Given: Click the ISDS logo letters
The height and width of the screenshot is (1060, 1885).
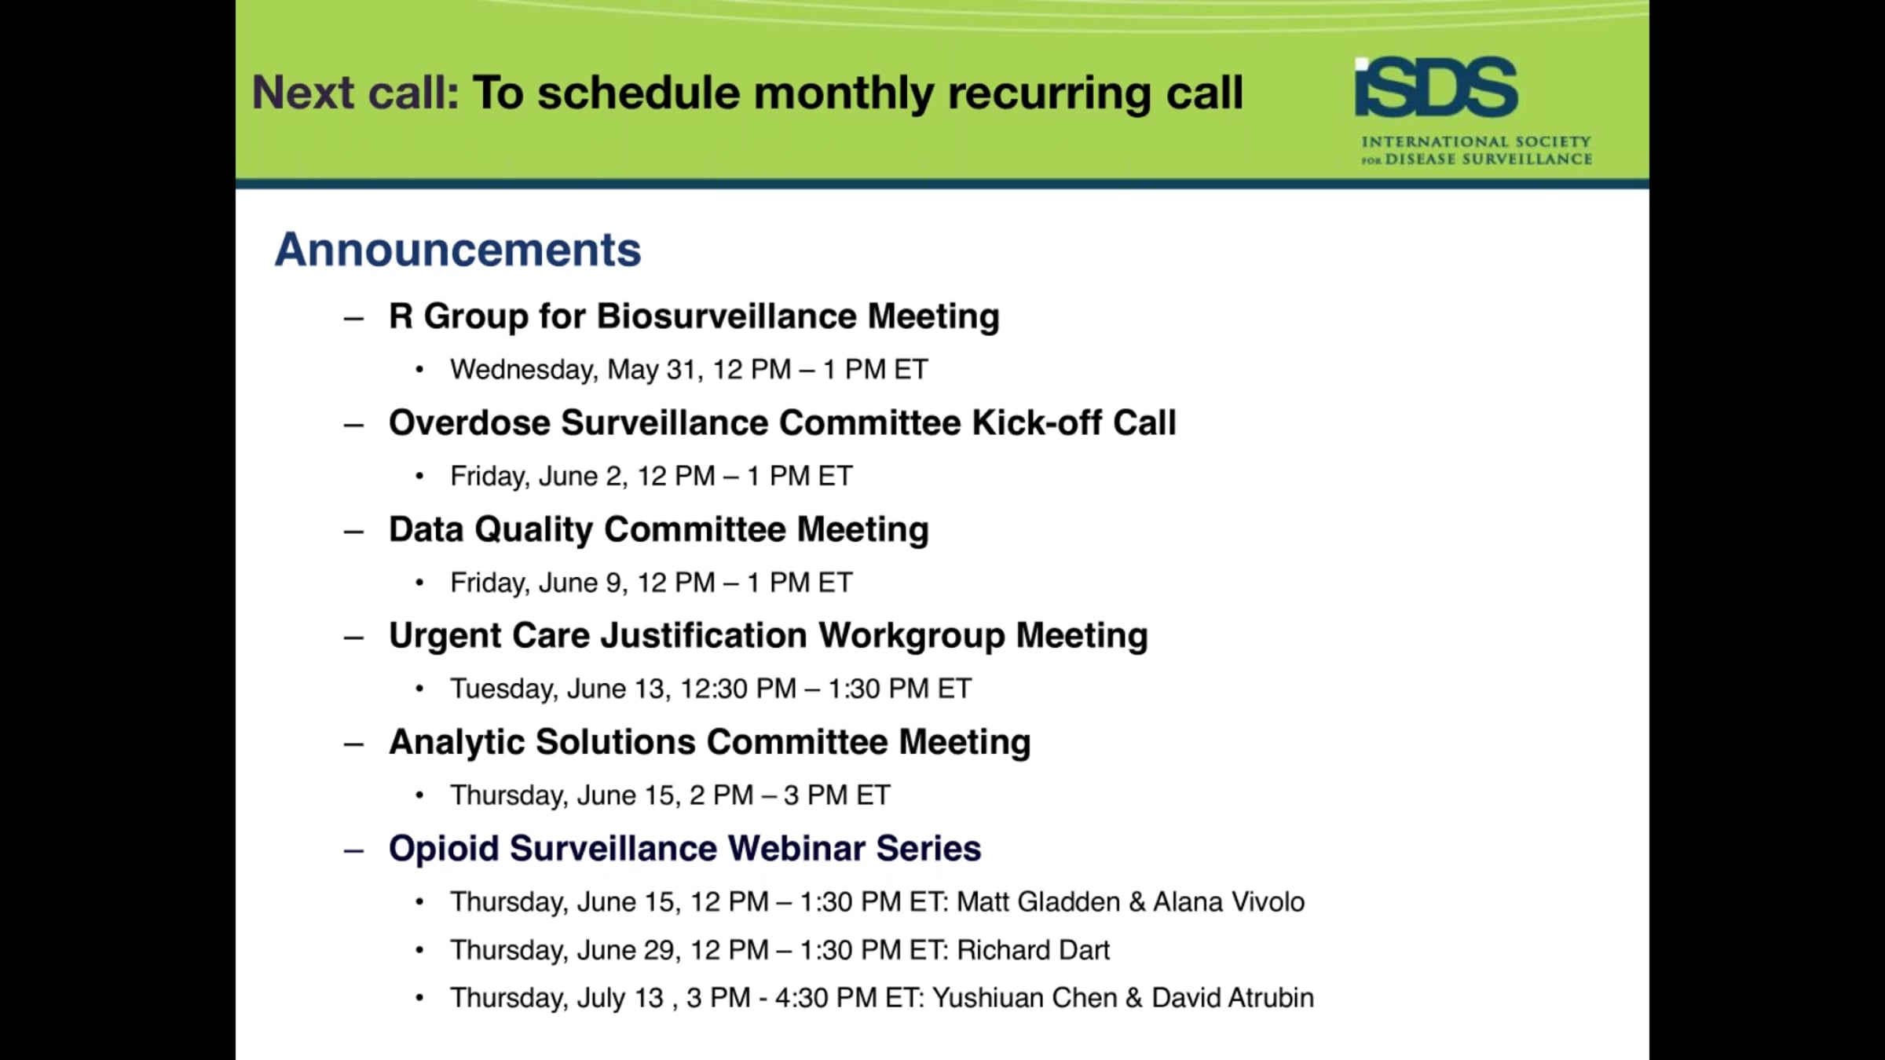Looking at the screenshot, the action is pos(1437,86).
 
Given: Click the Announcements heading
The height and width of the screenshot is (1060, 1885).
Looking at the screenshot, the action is pos(458,250).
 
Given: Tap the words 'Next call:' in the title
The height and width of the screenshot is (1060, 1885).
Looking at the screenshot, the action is pos(356,93).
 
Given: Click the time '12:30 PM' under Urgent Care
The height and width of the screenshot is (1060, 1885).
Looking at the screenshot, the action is pos(738,689).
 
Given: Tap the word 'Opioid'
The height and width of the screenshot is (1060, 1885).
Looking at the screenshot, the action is pos(444,849).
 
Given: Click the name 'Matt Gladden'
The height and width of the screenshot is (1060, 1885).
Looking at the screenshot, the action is pos(1038,901).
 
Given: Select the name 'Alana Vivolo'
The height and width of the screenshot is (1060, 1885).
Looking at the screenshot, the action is pos(1228,901).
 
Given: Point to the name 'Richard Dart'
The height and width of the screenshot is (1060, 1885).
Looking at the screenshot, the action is pos(1033,950).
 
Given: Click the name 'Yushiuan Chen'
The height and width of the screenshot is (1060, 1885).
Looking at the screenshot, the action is pos(1025,998).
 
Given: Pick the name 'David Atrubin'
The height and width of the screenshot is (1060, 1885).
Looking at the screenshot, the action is pos(1232,998).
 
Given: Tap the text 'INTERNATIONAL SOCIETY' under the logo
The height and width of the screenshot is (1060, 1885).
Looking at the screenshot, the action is pos(1477,142).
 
